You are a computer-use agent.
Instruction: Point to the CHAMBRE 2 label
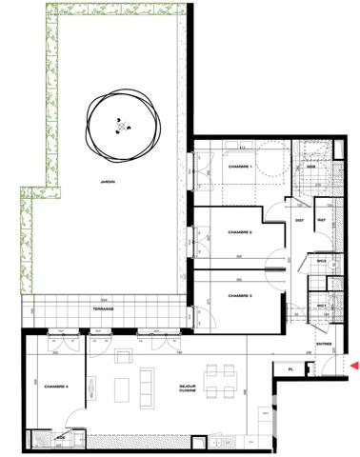click(238, 231)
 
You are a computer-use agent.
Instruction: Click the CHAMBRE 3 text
click(239, 296)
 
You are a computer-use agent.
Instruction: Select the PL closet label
click(290, 368)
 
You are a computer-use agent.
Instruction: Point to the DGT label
click(298, 221)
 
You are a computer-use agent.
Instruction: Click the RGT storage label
click(322, 221)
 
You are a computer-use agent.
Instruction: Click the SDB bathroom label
click(311, 166)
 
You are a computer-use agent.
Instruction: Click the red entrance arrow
click(354, 366)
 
